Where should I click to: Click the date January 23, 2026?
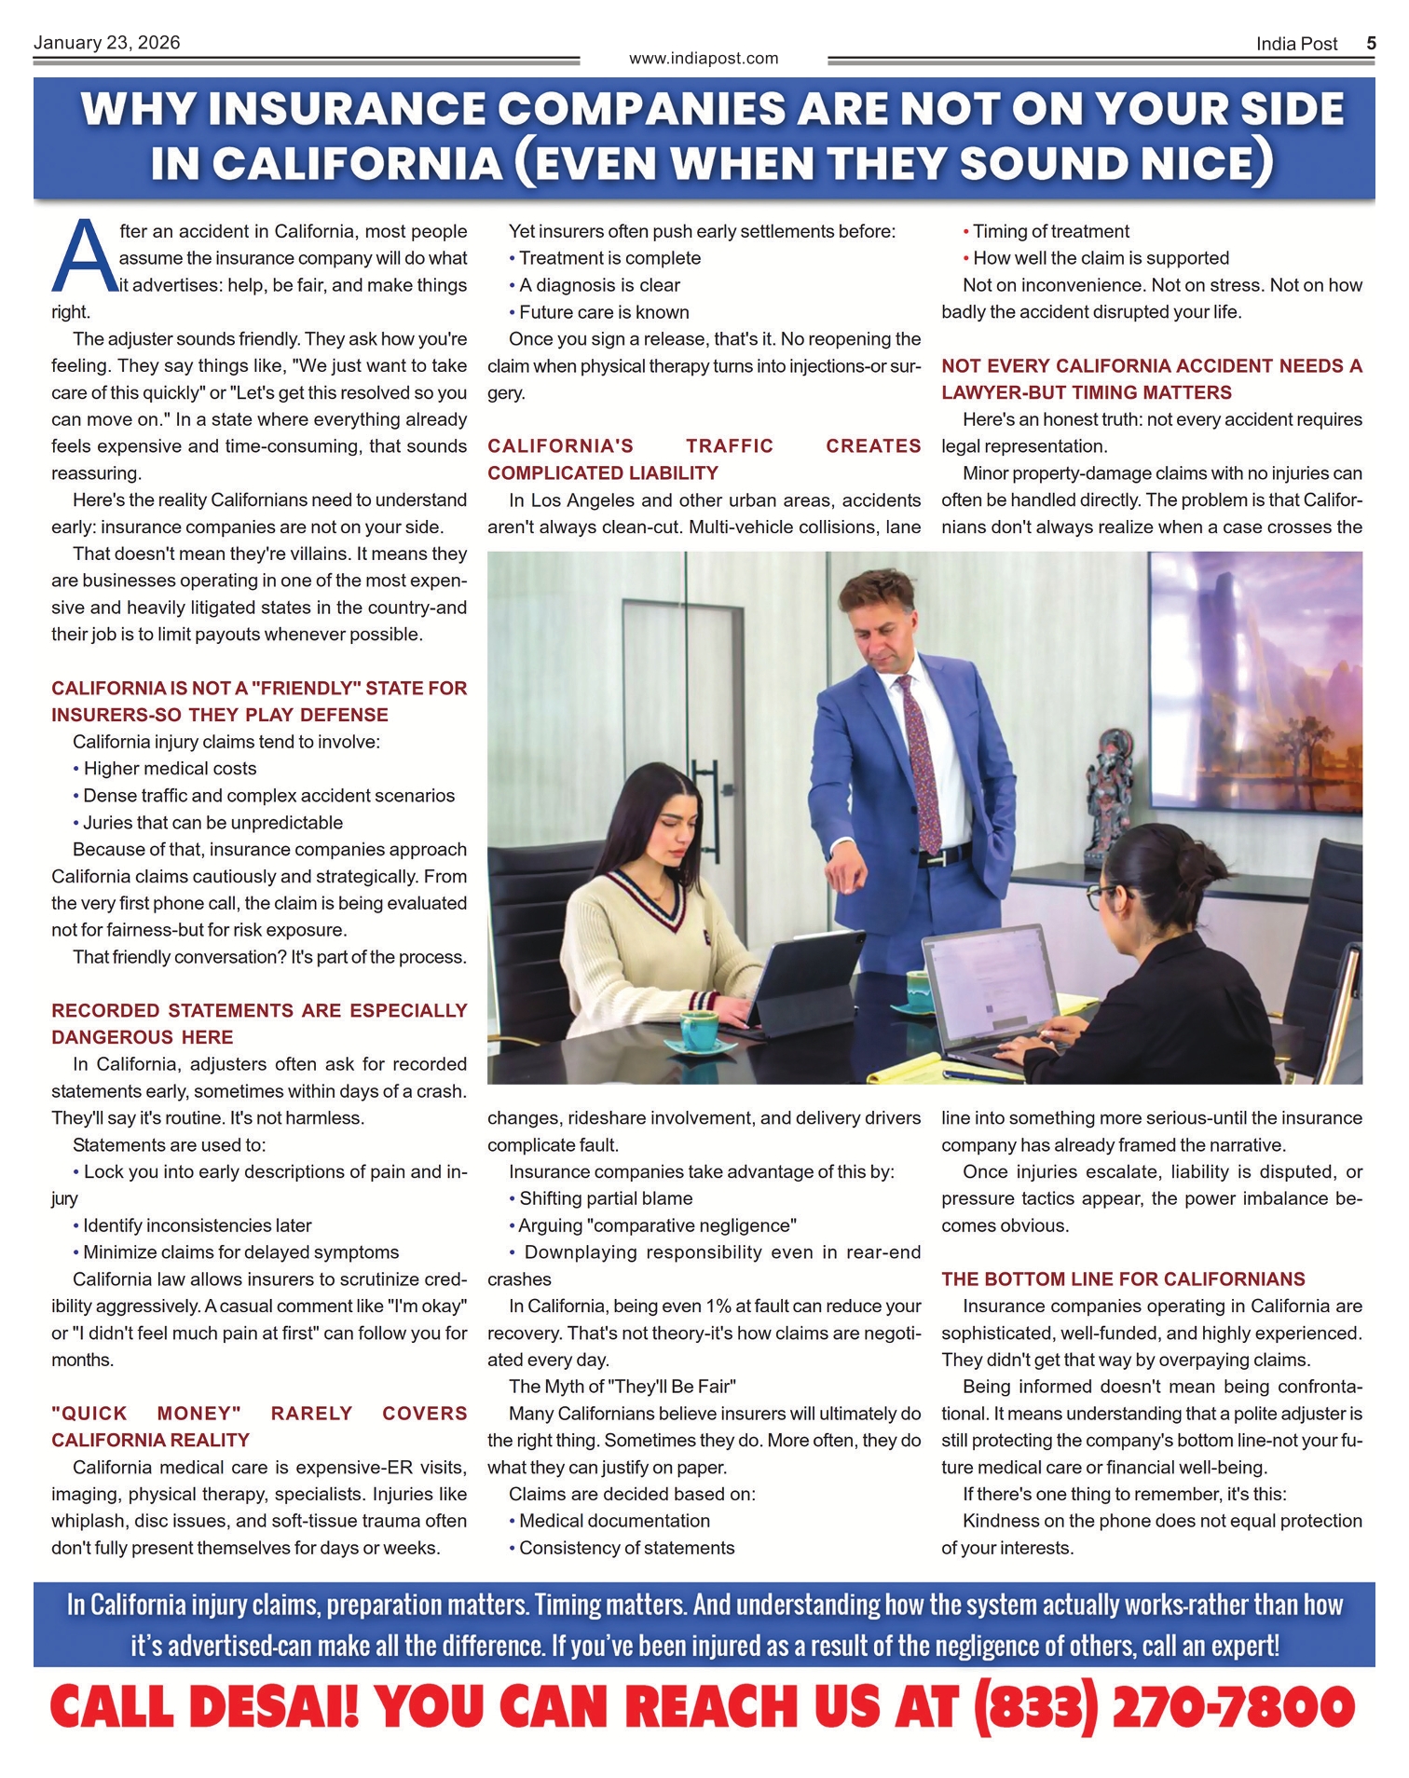click(106, 43)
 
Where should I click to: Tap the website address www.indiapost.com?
click(704, 59)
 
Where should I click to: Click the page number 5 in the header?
click(1371, 44)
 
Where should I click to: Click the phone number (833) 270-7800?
click(1164, 1707)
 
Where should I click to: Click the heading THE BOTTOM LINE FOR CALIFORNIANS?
click(1123, 1279)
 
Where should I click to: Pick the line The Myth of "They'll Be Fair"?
click(622, 1387)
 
